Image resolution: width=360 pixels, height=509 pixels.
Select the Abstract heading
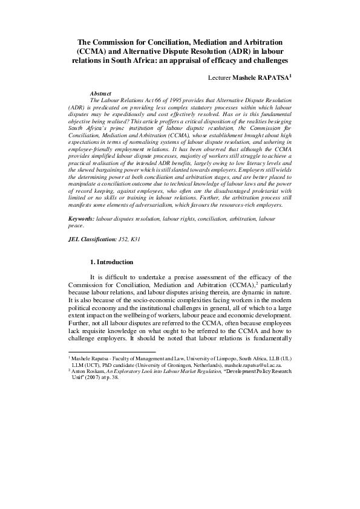point(100,94)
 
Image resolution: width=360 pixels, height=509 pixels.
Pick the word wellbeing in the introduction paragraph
point(160,316)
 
